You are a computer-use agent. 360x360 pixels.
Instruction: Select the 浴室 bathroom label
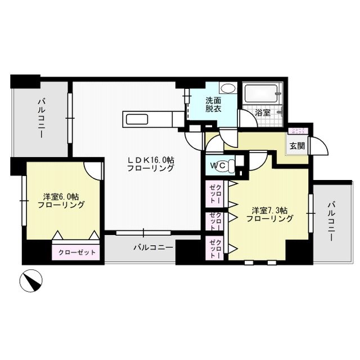click(263, 112)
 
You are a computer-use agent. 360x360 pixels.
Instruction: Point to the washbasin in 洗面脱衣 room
click(228, 89)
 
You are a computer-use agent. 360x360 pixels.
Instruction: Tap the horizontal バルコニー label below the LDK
click(154, 247)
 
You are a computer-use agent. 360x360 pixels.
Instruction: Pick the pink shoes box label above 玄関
click(296, 130)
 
